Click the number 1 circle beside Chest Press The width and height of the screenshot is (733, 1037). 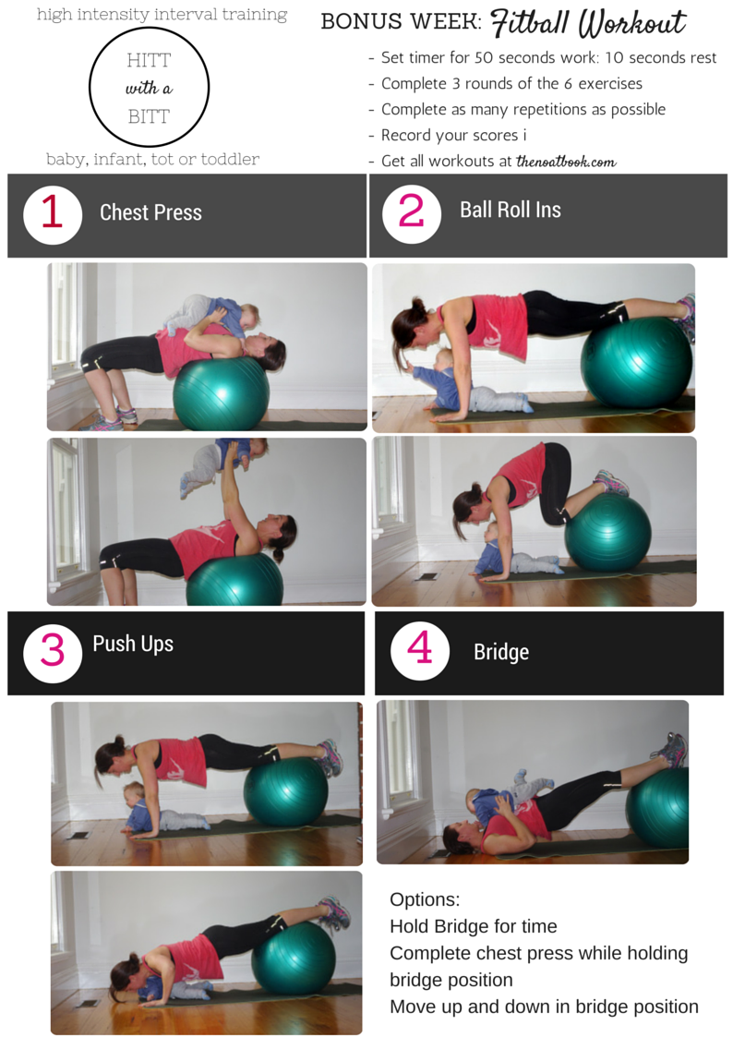(x=53, y=215)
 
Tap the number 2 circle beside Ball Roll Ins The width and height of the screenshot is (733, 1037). (x=411, y=213)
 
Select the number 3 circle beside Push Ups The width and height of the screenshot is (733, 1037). (x=53, y=653)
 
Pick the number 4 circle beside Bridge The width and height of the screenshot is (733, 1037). (x=420, y=650)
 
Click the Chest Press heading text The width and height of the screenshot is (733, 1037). (x=150, y=212)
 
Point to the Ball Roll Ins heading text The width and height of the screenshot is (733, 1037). (x=511, y=210)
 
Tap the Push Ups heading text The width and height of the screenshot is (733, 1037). (x=133, y=645)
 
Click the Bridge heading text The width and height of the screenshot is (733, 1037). (x=501, y=652)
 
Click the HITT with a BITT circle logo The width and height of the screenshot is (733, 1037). (x=150, y=87)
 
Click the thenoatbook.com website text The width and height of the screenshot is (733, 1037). (x=566, y=162)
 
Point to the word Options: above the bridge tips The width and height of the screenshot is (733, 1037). (x=425, y=899)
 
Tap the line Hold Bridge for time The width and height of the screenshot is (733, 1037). (x=474, y=926)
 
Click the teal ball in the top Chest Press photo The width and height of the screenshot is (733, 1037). (x=221, y=394)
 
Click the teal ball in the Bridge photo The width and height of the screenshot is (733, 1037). (x=657, y=807)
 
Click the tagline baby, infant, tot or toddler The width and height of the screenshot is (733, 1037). (x=152, y=160)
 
